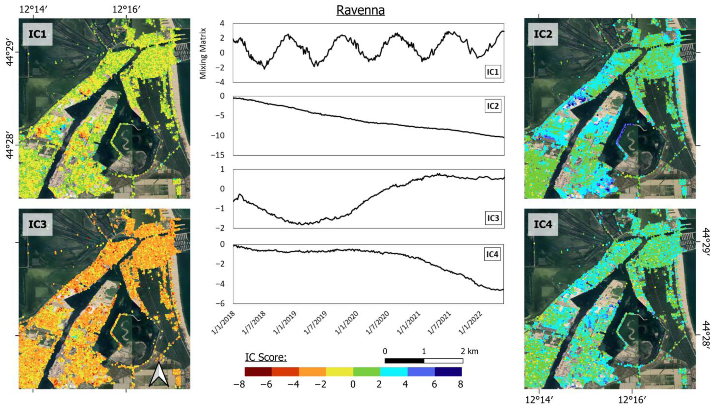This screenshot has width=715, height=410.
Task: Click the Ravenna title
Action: point(360,10)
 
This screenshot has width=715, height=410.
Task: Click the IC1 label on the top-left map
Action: point(37,34)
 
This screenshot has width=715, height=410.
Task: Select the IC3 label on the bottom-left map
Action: point(37,224)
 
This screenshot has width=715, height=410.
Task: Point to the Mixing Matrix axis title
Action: point(203,53)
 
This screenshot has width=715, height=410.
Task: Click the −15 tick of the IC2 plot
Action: point(221,155)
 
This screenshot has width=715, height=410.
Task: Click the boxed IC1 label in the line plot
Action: point(493,72)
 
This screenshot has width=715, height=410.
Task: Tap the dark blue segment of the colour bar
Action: point(448,372)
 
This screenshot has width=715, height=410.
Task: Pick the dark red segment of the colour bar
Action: point(258,372)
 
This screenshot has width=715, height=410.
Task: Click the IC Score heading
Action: point(266,357)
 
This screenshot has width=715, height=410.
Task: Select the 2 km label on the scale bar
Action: point(469,351)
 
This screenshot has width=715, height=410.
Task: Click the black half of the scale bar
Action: point(404,361)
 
